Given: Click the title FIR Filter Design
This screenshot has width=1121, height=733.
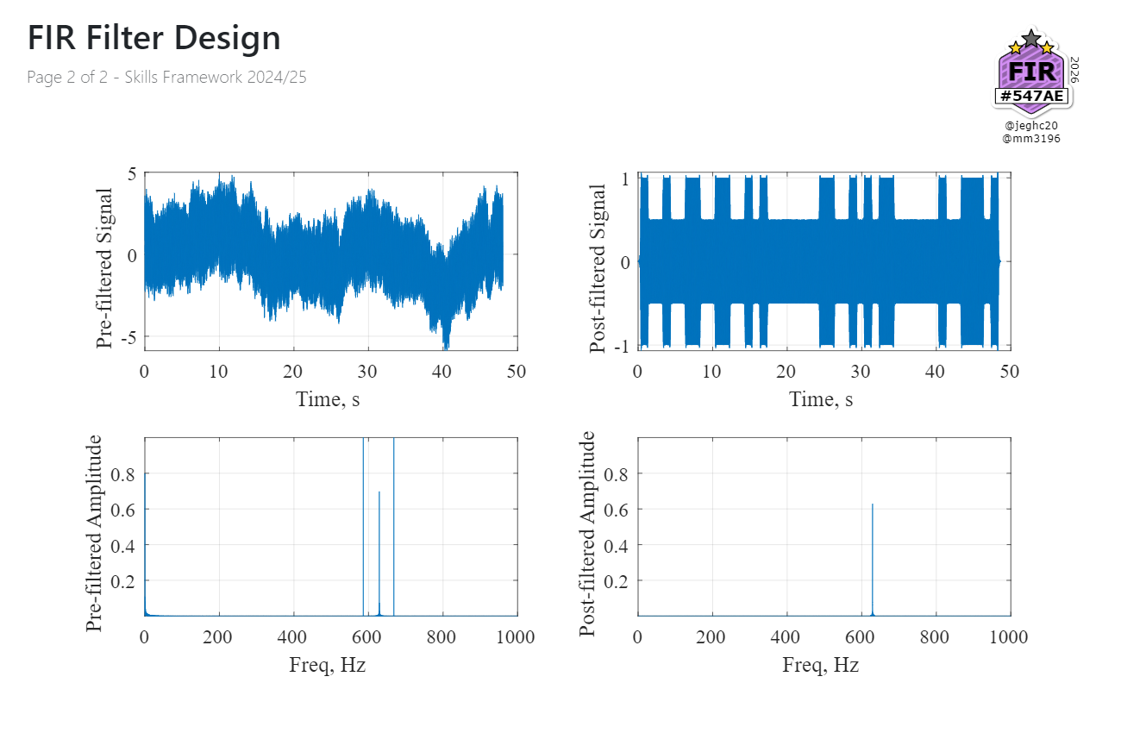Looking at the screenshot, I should coord(153,39).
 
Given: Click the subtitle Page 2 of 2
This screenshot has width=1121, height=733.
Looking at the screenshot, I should coord(166,77).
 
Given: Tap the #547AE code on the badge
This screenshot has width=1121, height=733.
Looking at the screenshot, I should coord(1032,96).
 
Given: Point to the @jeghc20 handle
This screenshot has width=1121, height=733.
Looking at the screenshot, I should coord(1031,125).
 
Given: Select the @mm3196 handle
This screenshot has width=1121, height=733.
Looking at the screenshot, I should coord(1031,138).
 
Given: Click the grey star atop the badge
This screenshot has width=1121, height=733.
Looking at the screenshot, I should coord(1031,37).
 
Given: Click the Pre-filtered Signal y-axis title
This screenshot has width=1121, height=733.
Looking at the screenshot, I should coord(104,267).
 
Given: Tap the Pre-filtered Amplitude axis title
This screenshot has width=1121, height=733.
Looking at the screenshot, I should coord(94,533).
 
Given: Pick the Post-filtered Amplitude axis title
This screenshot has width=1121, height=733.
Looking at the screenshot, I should coord(588,533).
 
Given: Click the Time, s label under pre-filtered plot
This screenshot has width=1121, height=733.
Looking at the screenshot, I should coord(328,399).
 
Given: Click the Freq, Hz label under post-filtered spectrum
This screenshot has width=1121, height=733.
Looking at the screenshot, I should coord(821,665).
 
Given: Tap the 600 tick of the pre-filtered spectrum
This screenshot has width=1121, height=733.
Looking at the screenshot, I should coord(368,637).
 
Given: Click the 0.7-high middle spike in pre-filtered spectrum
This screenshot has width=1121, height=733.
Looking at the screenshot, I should coord(379,552).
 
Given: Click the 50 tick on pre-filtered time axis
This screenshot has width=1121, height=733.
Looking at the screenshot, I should coord(517,372).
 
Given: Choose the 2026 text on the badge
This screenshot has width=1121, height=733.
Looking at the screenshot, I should coord(1074,70).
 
